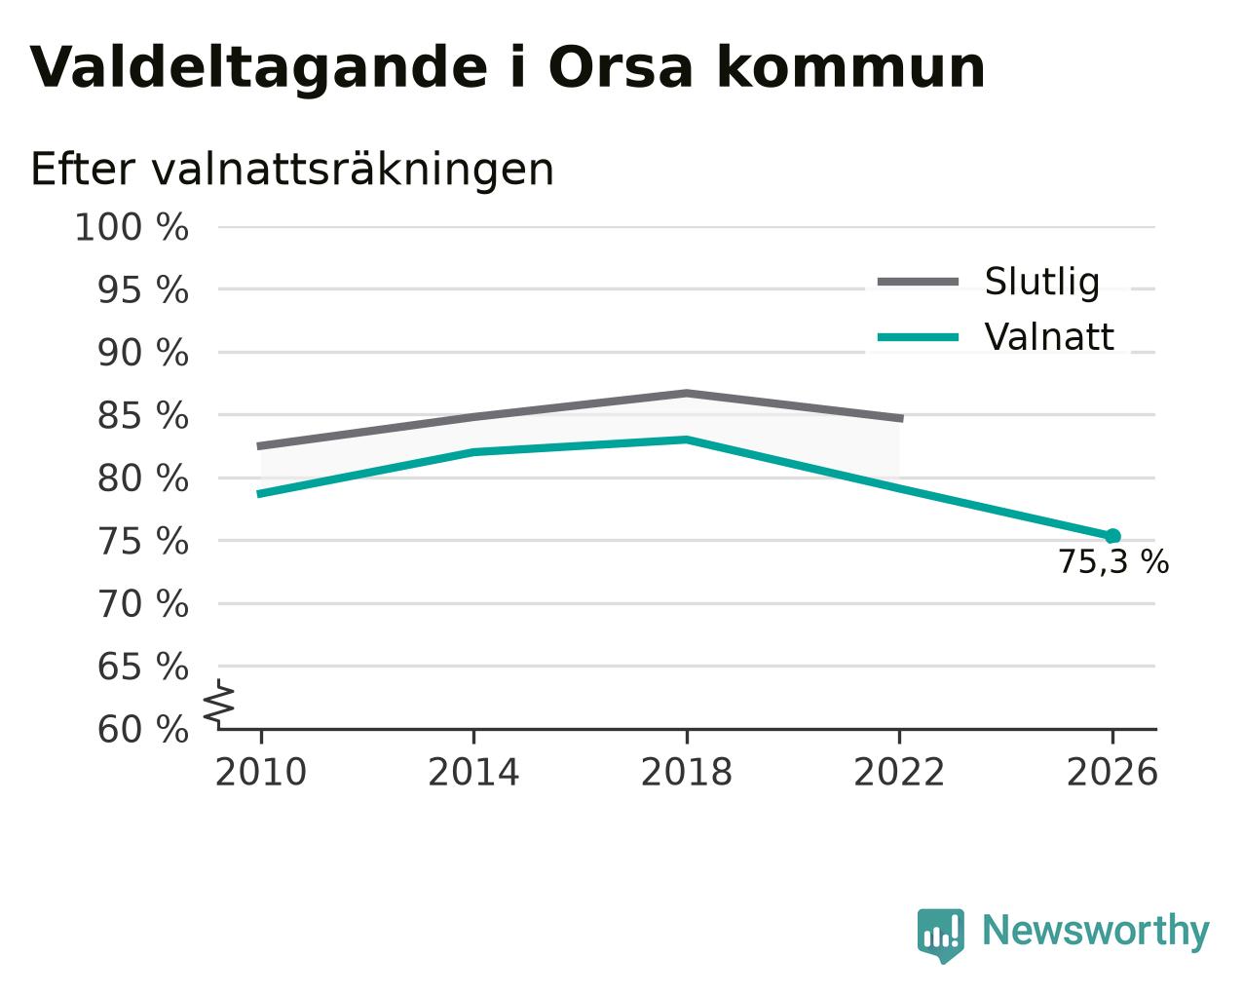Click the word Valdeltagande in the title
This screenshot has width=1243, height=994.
point(259,69)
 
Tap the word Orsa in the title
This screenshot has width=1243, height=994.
point(620,67)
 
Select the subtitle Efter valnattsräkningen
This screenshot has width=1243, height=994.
point(291,170)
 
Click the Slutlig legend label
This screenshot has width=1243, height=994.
point(1042,282)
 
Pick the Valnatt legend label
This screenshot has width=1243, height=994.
point(1049,337)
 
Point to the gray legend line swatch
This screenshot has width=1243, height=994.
point(918,282)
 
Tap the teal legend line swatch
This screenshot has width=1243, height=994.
point(918,337)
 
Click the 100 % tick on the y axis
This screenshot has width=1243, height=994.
point(132,227)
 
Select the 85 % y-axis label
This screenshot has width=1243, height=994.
point(142,415)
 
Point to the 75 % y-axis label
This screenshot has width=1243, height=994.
point(142,542)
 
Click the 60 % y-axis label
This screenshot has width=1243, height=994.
point(142,729)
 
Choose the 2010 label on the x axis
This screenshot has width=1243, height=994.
point(260,773)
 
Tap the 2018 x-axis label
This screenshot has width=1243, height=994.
point(686,773)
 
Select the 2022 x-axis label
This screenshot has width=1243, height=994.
point(899,773)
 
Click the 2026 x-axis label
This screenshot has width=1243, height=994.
point(1111,773)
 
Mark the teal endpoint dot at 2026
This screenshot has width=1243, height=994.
point(1112,536)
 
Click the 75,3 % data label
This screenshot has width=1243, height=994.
point(1113,561)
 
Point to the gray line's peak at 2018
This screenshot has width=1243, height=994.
point(686,394)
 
